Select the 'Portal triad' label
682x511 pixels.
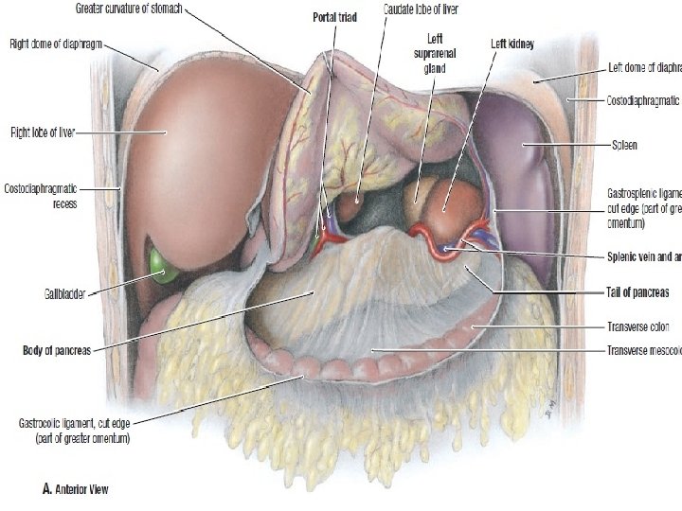click(333, 17)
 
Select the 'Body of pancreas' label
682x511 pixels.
click(57, 350)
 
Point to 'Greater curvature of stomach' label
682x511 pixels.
click(129, 9)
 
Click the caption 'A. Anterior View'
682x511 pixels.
click(74, 490)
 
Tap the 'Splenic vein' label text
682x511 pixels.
click(639, 255)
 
